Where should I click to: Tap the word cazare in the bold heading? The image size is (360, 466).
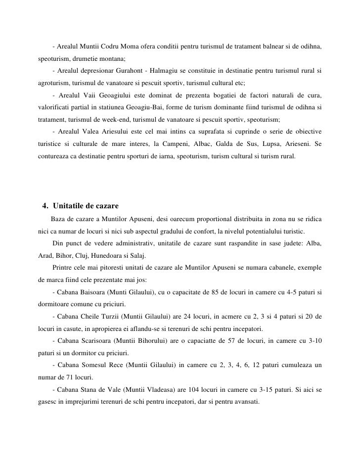coord(105,205)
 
